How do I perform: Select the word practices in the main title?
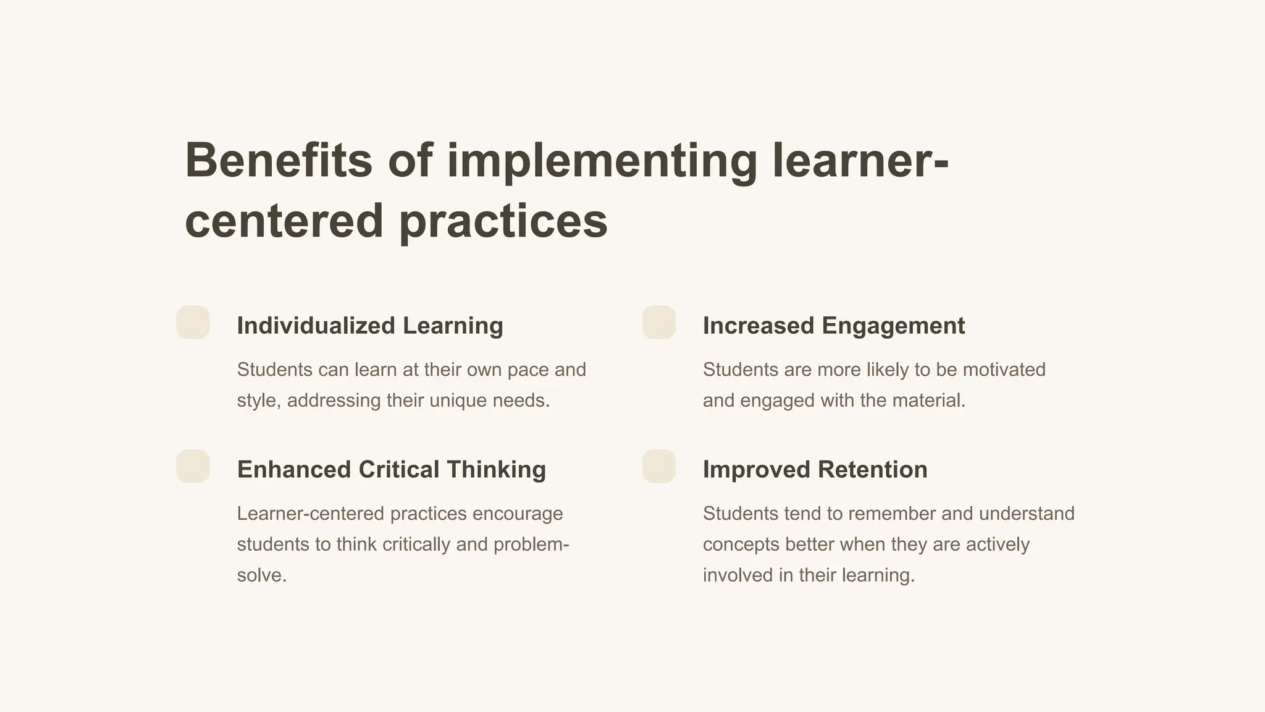503,221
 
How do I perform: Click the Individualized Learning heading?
370,326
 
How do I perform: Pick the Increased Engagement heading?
833,326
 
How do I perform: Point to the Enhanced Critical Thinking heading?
391,470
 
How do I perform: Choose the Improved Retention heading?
815,470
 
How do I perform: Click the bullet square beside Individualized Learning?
193,322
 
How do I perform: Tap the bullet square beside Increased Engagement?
658,322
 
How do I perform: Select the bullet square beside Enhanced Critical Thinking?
193,466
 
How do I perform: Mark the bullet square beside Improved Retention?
658,466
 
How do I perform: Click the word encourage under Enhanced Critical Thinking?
517,514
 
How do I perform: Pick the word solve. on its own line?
262,575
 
